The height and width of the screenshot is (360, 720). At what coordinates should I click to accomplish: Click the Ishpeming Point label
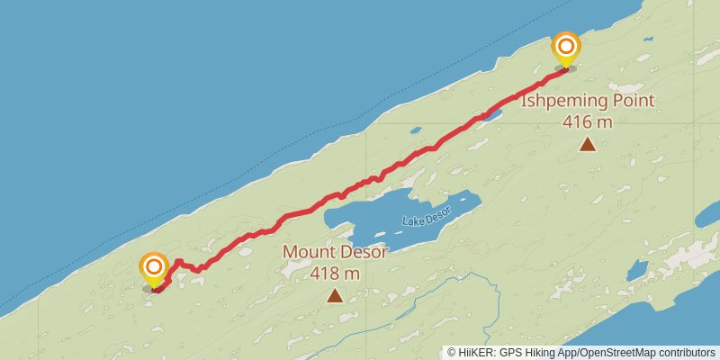(x=588, y=101)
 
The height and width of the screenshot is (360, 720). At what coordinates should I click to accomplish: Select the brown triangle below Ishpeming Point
(x=588, y=144)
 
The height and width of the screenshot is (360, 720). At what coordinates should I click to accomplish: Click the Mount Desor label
(x=335, y=252)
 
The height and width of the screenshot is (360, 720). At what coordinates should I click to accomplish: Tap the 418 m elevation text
(x=335, y=273)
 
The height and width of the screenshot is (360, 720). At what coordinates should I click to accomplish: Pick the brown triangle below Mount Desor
(x=335, y=295)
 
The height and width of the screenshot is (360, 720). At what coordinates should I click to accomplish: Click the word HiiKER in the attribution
(x=479, y=352)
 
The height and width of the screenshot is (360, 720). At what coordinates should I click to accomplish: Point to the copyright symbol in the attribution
(x=452, y=352)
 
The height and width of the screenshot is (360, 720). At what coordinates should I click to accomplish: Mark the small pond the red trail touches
(x=491, y=114)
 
